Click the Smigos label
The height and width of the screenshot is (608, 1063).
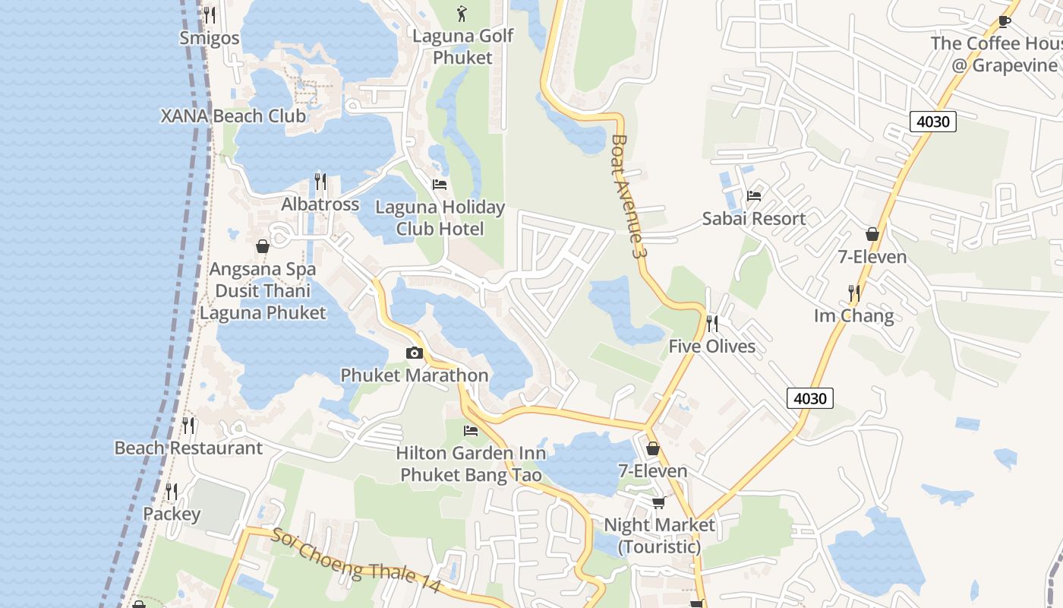[x=210, y=38]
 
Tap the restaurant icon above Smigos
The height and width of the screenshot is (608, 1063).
[x=210, y=14]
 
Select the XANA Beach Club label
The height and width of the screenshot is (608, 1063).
[x=233, y=116]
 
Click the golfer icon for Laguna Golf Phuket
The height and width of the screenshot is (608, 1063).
[x=462, y=13]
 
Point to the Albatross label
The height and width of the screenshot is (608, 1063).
[x=320, y=204]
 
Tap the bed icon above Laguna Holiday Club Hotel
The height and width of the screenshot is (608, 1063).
[x=439, y=184]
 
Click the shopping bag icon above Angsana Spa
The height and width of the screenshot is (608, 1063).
[x=262, y=246]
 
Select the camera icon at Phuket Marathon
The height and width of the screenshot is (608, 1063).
[x=414, y=353]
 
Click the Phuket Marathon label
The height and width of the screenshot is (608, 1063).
[x=414, y=375]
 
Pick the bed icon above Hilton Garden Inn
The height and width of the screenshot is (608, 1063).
[x=471, y=431]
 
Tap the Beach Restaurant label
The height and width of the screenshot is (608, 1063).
[x=188, y=448]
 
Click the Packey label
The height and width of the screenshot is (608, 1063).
[x=172, y=514]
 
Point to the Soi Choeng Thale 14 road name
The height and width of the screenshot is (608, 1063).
[x=355, y=561]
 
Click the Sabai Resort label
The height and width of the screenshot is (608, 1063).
[x=753, y=219]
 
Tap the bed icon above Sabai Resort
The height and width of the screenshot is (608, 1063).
[x=753, y=196]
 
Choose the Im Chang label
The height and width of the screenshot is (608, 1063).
[x=853, y=315]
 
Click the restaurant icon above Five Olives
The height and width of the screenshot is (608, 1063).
[x=711, y=324]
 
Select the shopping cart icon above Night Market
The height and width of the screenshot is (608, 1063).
[x=658, y=502]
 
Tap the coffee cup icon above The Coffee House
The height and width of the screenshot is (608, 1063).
[x=1005, y=21]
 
